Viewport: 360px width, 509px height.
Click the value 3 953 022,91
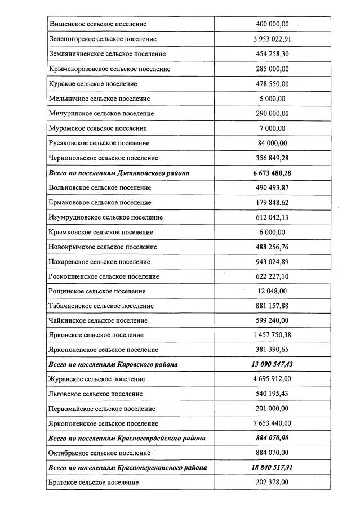pos(272,39)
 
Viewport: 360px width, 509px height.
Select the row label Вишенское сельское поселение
pos(98,24)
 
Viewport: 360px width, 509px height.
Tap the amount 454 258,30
pos(272,54)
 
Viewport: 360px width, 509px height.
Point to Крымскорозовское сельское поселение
pos(110,69)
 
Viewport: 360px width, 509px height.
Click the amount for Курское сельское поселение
pos(272,84)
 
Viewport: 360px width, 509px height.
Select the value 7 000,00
pos(272,128)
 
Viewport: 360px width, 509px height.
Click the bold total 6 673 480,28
pos(272,173)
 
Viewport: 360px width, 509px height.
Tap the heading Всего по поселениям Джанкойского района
pos(119,173)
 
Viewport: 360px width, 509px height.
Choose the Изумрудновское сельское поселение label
pos(106,217)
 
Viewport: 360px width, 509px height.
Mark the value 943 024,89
pos(272,262)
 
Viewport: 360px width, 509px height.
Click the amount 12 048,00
pos(272,291)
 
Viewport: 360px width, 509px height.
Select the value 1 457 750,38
pos(272,336)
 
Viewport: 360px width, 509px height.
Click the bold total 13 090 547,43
pos(272,364)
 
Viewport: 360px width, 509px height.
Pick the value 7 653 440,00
pos(272,423)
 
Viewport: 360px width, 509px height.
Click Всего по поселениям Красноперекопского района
pos(128,467)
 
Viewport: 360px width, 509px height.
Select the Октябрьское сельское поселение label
pos(100,453)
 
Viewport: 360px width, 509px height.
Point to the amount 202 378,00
pos(272,483)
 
